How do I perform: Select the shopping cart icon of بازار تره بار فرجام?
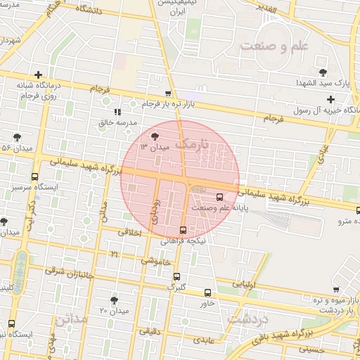tap(167, 94)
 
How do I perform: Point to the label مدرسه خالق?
tap(116, 123)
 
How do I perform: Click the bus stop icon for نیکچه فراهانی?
tap(184, 229)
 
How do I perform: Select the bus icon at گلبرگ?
tap(176, 276)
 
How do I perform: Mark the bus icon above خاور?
tap(207, 292)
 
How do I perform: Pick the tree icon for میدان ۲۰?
tap(115, 299)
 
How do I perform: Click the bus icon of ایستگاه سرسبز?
tap(35, 177)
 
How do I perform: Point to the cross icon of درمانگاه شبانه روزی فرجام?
tap(38, 74)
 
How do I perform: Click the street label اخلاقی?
tap(129, 232)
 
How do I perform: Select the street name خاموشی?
tap(150, 261)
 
